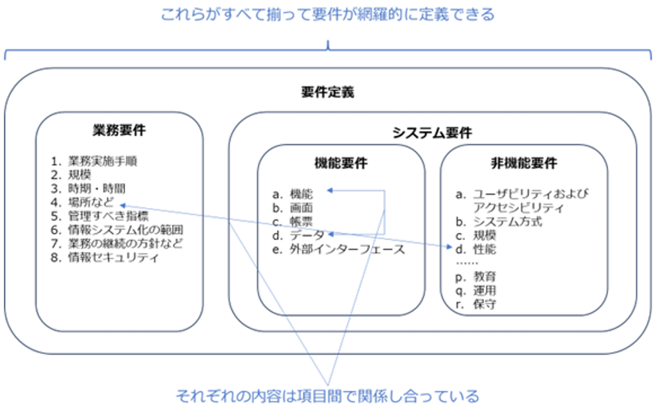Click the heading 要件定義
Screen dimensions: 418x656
327,93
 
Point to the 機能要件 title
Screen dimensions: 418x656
341,163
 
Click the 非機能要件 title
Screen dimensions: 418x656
524,163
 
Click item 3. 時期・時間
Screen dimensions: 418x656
88,188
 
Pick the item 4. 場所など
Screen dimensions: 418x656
85,202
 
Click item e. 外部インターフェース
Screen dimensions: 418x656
339,250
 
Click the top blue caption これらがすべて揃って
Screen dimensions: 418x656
327,14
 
